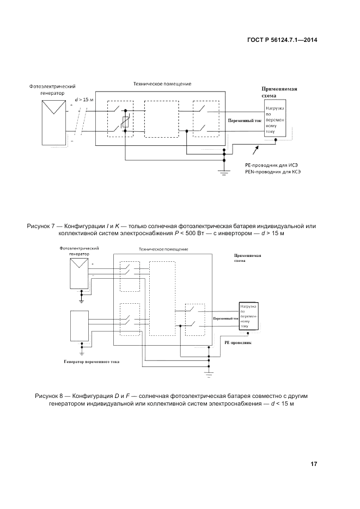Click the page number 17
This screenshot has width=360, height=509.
coord(314,464)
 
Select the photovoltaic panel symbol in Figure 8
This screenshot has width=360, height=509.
coord(80,274)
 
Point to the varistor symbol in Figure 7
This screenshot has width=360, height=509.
coord(126,122)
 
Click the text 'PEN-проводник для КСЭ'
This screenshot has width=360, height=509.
coord(272,171)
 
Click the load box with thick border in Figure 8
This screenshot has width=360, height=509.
coord(248,316)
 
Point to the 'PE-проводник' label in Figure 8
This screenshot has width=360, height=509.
coord(238,344)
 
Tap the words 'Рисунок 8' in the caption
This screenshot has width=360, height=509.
coord(50,395)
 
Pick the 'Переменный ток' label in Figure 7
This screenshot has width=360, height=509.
coord(244,120)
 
